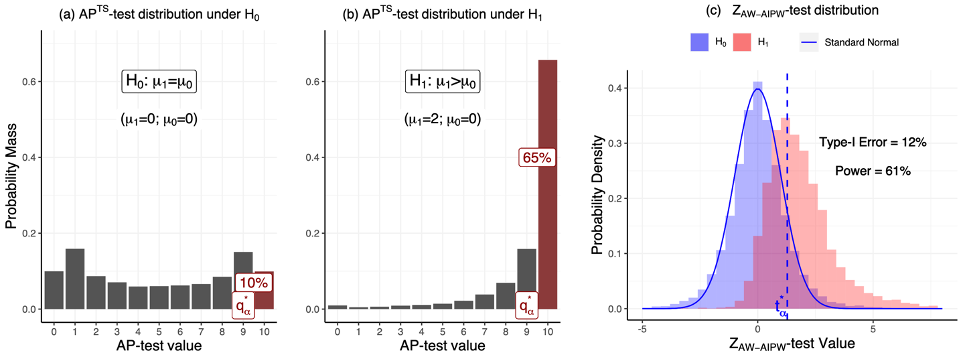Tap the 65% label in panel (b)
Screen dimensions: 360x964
click(536, 158)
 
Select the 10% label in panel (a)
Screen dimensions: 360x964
click(253, 284)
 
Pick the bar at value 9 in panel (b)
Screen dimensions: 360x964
click(525, 270)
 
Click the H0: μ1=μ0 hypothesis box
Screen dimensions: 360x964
click(152, 82)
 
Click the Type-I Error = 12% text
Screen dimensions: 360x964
click(872, 142)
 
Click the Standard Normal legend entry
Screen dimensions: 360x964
click(850, 43)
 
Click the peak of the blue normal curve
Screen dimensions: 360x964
click(758, 89)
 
